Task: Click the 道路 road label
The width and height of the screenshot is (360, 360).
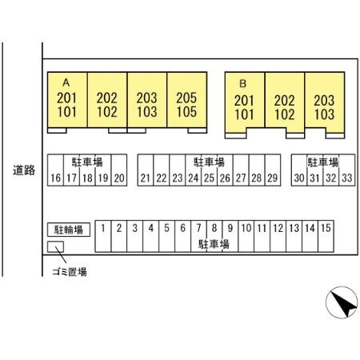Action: (24, 170)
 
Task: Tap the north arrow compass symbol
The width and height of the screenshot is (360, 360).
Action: (342, 302)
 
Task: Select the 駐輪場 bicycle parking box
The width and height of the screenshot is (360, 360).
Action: (69, 230)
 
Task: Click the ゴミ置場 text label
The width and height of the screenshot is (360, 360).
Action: (70, 272)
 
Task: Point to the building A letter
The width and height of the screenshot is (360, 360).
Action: (66, 82)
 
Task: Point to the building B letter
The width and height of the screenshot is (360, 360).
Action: (242, 84)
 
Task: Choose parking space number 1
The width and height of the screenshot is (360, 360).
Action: (103, 236)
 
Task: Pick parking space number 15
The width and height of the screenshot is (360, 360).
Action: (326, 236)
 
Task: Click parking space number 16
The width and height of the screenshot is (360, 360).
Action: (55, 170)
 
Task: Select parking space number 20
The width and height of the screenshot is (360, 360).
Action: (119, 170)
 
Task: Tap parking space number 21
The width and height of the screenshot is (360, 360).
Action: (146, 170)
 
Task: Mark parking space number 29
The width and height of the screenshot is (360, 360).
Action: (273, 170)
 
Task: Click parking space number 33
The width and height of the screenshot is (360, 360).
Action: (347, 170)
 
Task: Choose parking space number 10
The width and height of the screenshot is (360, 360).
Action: (246, 236)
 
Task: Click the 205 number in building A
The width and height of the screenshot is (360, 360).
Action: (186, 98)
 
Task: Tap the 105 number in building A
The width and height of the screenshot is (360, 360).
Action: (186, 112)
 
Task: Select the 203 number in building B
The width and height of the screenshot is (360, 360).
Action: (324, 101)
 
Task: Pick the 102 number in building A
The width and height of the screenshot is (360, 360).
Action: (107, 112)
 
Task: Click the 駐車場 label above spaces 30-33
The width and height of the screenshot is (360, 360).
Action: (323, 162)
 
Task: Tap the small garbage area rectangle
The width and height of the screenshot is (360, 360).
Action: (55, 246)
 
